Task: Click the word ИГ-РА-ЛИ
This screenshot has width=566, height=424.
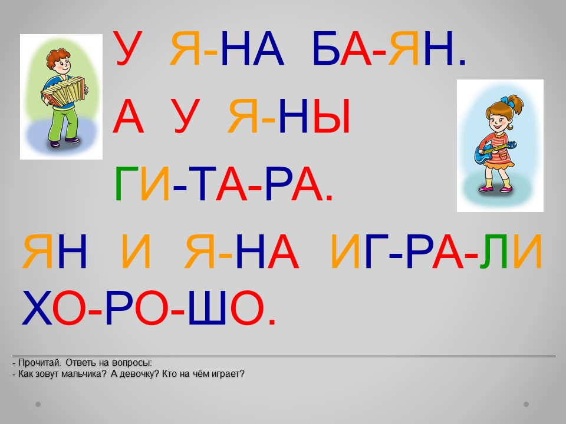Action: pyautogui.click(x=436, y=251)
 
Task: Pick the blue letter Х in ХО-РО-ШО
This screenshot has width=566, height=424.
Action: pyautogui.click(x=37, y=307)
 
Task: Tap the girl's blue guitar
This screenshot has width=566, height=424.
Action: pyautogui.click(x=493, y=151)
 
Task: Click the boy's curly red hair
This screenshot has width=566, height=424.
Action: pyautogui.click(x=58, y=56)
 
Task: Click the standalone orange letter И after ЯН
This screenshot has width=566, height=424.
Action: pyautogui.click(x=136, y=251)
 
